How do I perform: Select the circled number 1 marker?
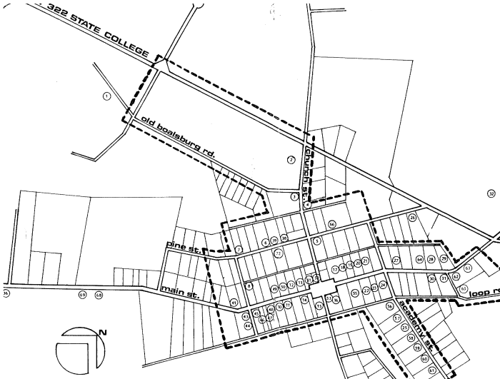click(106, 96)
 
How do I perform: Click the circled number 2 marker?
click(291, 159)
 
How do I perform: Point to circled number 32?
click(490, 194)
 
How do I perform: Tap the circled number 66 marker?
click(331, 224)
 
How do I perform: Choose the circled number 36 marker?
click(6, 293)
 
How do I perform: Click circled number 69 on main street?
click(82, 294)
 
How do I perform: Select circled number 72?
click(279, 253)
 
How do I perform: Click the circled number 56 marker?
click(390, 305)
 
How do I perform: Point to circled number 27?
click(396, 261)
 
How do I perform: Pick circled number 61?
click(433, 370)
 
